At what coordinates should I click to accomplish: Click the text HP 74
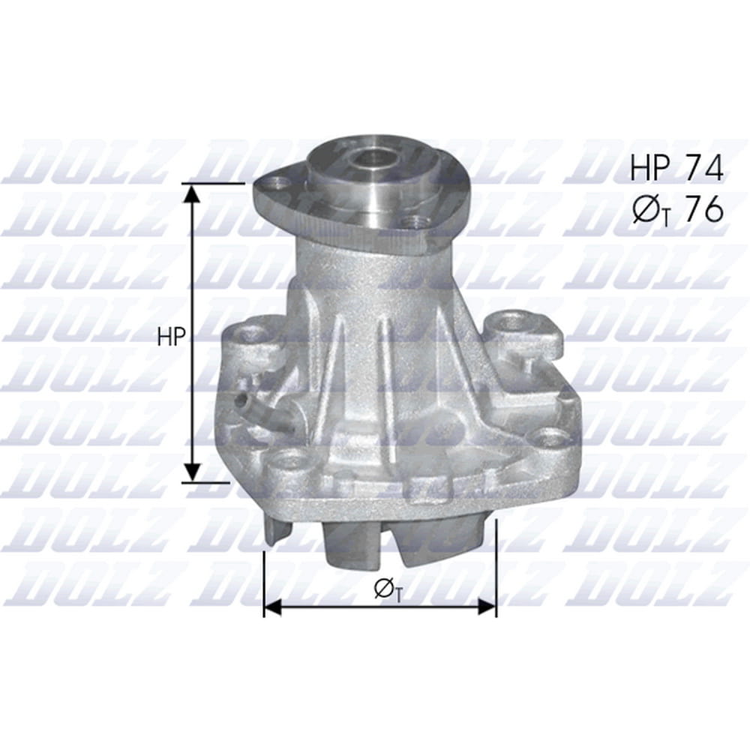tap(676, 167)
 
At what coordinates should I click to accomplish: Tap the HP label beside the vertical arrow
tap(171, 337)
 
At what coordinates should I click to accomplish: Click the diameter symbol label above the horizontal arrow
tap(386, 589)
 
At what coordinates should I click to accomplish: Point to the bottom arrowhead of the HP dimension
tap(192, 471)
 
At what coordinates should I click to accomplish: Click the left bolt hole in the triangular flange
tap(277, 182)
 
